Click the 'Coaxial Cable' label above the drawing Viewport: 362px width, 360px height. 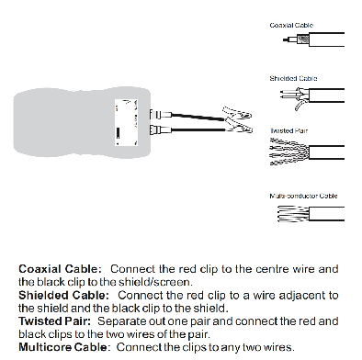(x=291, y=25)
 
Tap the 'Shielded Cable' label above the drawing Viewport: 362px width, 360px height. (x=293, y=78)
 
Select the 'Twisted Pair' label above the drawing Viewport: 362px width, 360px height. (x=288, y=130)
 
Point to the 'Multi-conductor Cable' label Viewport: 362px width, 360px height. (x=303, y=196)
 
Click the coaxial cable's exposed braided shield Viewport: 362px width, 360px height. (x=303, y=39)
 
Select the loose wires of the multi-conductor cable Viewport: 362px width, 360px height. (x=293, y=214)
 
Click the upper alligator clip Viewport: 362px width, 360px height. (x=237, y=114)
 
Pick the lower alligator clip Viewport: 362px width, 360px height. (x=239, y=129)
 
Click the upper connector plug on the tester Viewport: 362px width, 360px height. (x=161, y=115)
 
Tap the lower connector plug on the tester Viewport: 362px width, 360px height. (x=161, y=130)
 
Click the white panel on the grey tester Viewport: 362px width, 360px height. (x=126, y=122)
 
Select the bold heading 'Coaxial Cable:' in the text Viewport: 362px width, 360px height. (x=60, y=269)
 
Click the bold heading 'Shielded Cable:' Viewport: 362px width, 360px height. (x=63, y=295)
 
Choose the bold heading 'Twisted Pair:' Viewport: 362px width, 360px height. (x=55, y=321)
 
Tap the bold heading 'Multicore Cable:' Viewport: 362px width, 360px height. (x=63, y=347)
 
